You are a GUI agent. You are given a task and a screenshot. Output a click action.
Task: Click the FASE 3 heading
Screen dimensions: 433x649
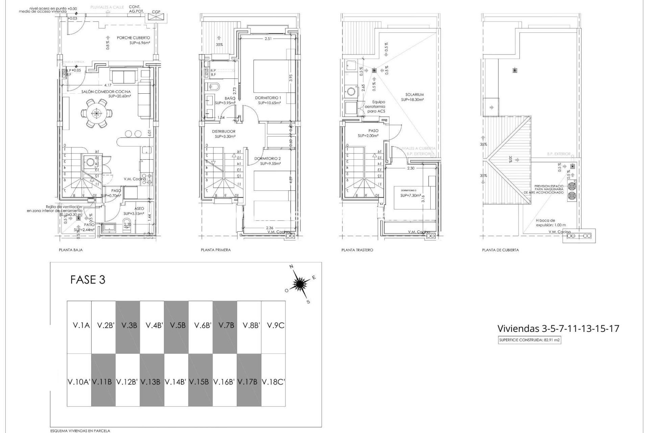tap(88, 280)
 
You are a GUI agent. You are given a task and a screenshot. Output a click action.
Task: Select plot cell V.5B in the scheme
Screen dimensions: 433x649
tap(176, 325)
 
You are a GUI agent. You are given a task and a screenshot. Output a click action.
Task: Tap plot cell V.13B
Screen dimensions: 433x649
tap(152, 382)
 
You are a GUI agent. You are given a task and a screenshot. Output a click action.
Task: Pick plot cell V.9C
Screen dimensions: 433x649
tap(273, 325)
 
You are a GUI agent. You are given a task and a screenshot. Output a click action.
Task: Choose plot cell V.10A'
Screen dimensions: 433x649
tap(79, 382)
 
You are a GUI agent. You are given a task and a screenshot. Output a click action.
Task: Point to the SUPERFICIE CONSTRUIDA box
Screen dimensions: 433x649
tap(529, 340)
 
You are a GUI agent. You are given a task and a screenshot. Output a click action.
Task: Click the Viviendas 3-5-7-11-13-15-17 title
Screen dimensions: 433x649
tap(558, 328)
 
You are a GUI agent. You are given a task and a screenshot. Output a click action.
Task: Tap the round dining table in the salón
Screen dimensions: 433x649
tap(97, 113)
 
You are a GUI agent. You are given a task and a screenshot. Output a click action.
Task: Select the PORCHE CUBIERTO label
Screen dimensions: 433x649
tap(133, 38)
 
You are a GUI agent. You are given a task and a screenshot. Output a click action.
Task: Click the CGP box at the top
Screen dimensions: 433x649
tap(156, 16)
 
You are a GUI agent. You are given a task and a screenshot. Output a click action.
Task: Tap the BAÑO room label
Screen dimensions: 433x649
tap(230, 98)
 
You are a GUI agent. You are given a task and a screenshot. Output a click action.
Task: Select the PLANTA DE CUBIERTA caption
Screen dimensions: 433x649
tap(500, 250)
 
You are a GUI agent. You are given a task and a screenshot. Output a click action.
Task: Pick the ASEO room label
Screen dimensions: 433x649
tap(139, 209)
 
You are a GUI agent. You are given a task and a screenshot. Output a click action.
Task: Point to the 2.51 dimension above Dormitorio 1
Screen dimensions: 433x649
tap(268, 39)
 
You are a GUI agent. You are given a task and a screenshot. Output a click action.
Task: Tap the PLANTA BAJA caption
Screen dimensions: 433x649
tap(71, 250)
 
